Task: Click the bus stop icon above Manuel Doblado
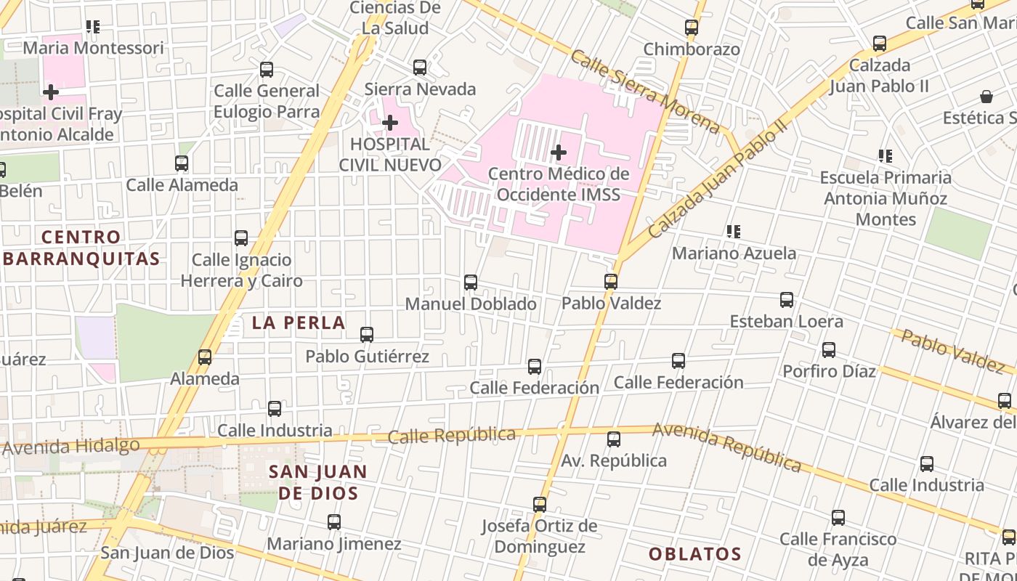(x=471, y=282)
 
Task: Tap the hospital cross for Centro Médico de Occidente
(x=558, y=153)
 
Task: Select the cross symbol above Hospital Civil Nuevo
(x=390, y=123)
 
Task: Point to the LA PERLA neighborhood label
(x=299, y=323)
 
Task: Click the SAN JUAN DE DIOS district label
(x=318, y=482)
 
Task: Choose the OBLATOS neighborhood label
(x=694, y=554)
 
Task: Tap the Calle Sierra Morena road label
(x=645, y=92)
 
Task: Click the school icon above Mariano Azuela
(x=734, y=232)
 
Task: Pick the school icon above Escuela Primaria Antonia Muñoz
(x=885, y=155)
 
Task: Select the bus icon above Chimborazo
(x=692, y=28)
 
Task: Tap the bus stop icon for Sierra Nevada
(x=420, y=68)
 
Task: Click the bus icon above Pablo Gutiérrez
(x=367, y=334)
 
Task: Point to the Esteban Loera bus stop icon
(x=786, y=299)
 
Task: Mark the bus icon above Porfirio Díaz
(x=829, y=349)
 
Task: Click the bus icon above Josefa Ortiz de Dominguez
(x=539, y=504)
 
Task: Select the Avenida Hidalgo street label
(x=71, y=446)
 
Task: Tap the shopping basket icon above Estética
(x=986, y=97)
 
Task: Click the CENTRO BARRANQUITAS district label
(x=81, y=248)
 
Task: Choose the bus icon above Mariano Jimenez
(x=333, y=521)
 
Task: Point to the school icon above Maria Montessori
(x=93, y=27)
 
